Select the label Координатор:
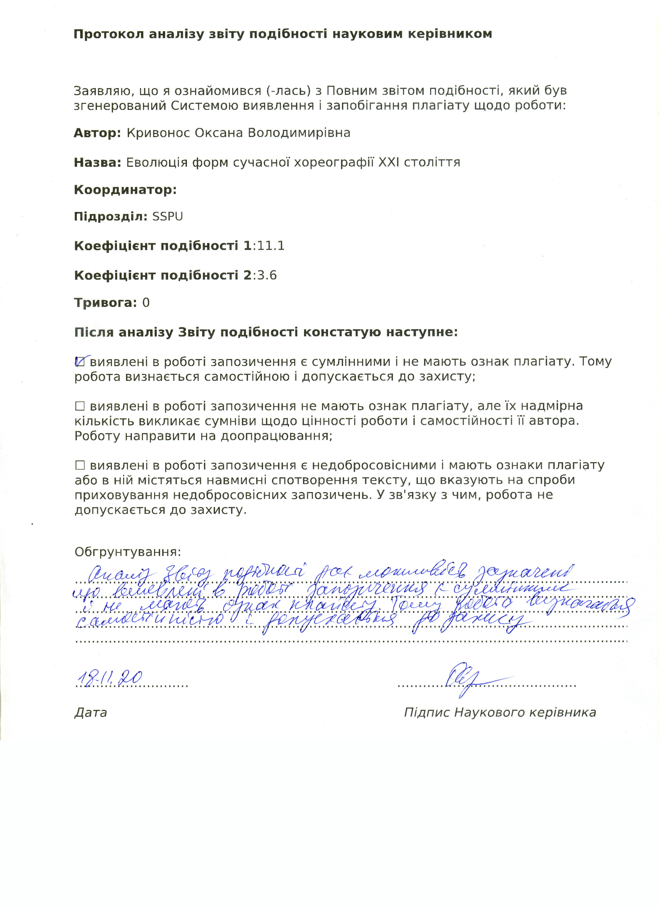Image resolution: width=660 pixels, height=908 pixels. click(125, 190)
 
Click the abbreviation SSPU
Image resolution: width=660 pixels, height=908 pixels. click(167, 217)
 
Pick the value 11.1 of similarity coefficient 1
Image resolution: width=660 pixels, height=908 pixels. click(271, 246)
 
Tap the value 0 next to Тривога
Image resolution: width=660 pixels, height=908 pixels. click(146, 303)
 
